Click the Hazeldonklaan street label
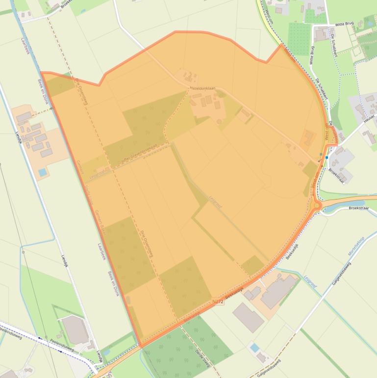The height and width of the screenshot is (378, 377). (x=202, y=88)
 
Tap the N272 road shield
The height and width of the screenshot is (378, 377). (x=218, y=302)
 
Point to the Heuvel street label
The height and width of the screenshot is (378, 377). (x=369, y=117)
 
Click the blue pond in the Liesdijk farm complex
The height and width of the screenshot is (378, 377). (x=43, y=172)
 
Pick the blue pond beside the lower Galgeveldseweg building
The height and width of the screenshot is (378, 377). (x=254, y=348)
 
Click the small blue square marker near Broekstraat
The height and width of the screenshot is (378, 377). (x=327, y=158)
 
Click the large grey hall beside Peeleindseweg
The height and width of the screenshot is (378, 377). (x=76, y=330)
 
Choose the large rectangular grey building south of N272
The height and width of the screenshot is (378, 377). (x=248, y=317)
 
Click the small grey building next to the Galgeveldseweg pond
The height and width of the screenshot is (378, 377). (x=263, y=356)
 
